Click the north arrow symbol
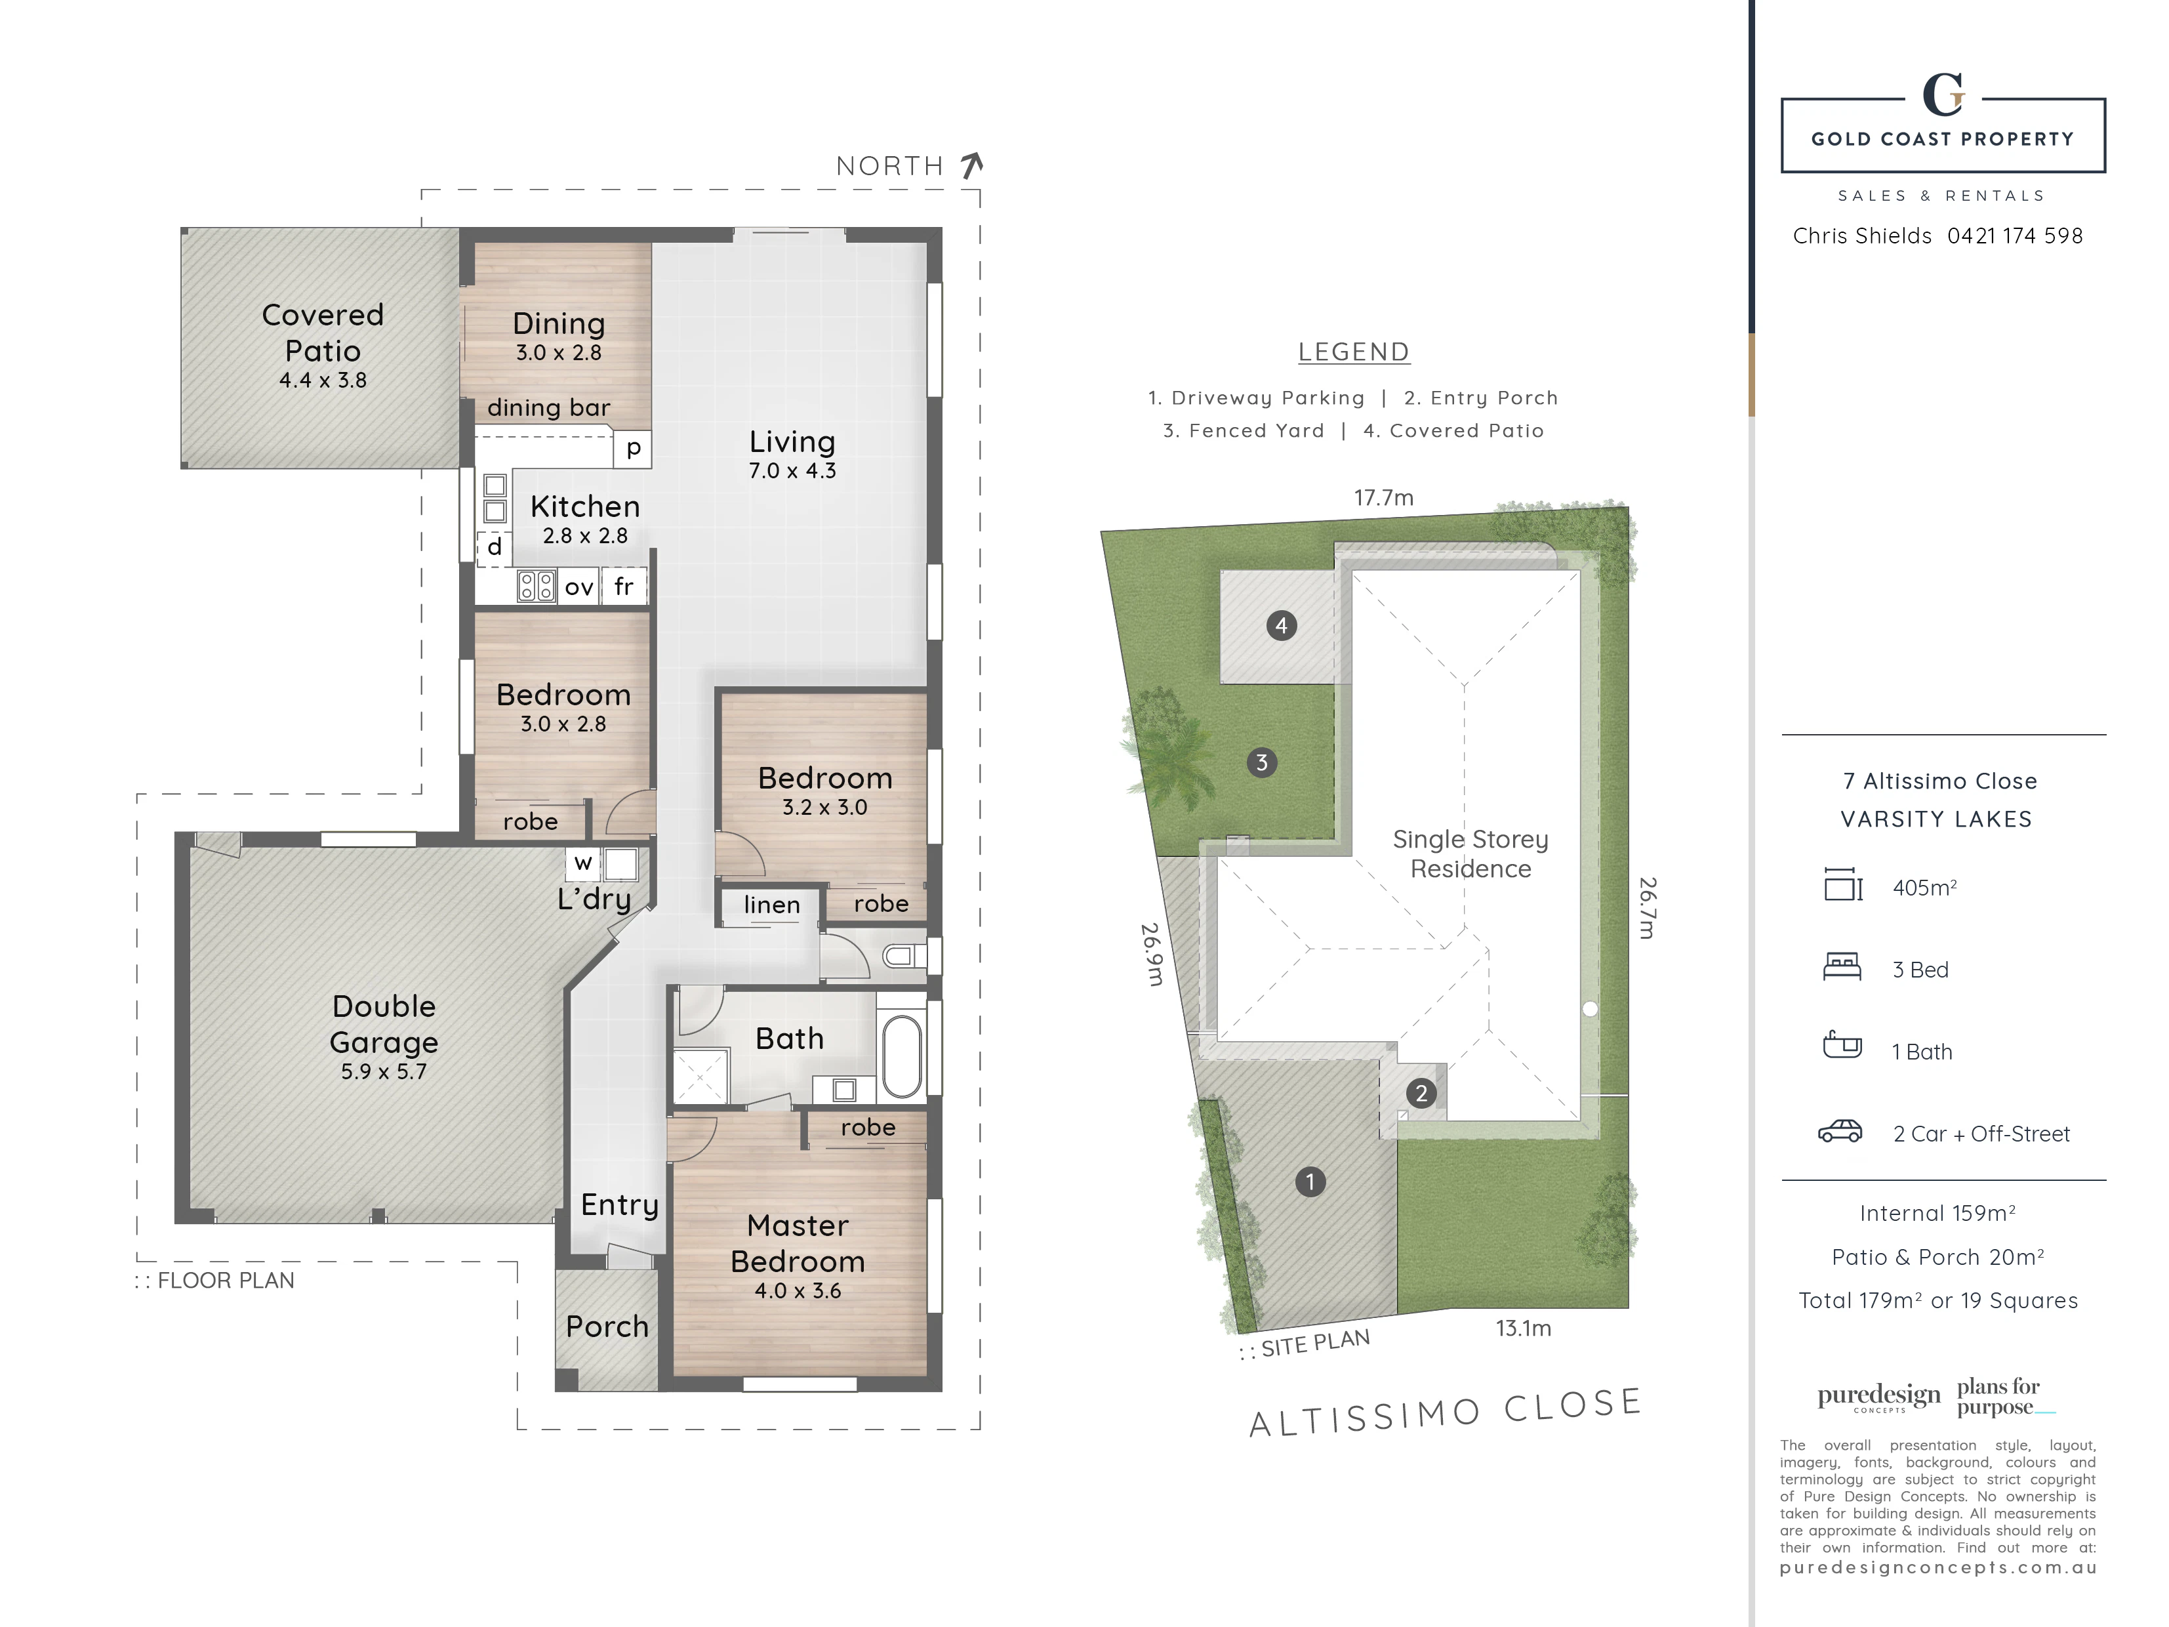coord(972,166)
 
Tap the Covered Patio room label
coord(323,333)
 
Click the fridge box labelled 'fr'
coord(624,587)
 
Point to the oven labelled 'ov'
coord(578,587)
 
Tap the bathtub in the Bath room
coord(902,1056)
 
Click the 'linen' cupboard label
coord(772,904)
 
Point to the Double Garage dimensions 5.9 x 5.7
coord(384,1071)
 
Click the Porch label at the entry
coord(607,1326)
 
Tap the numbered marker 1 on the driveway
coord(1310,1182)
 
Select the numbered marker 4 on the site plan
coord(1282,626)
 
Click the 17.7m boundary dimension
coord(1383,497)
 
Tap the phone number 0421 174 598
coord(2015,236)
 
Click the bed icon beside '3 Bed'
coord(1842,968)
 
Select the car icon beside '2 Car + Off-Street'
coord(1840,1132)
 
